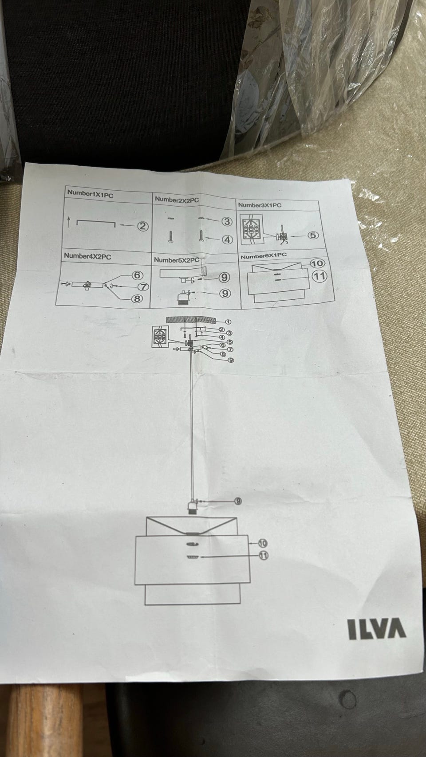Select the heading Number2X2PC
click(x=177, y=200)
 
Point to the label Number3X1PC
click(x=260, y=205)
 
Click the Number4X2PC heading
click(x=87, y=256)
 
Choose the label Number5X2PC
click(x=176, y=259)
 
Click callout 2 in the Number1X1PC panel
click(x=142, y=226)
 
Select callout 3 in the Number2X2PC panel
click(x=227, y=221)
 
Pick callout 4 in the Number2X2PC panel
click(x=227, y=239)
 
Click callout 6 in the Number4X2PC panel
click(x=137, y=275)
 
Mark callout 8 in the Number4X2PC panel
click(x=137, y=298)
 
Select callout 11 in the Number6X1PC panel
click(x=319, y=276)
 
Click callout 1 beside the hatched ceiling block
click(x=228, y=322)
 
